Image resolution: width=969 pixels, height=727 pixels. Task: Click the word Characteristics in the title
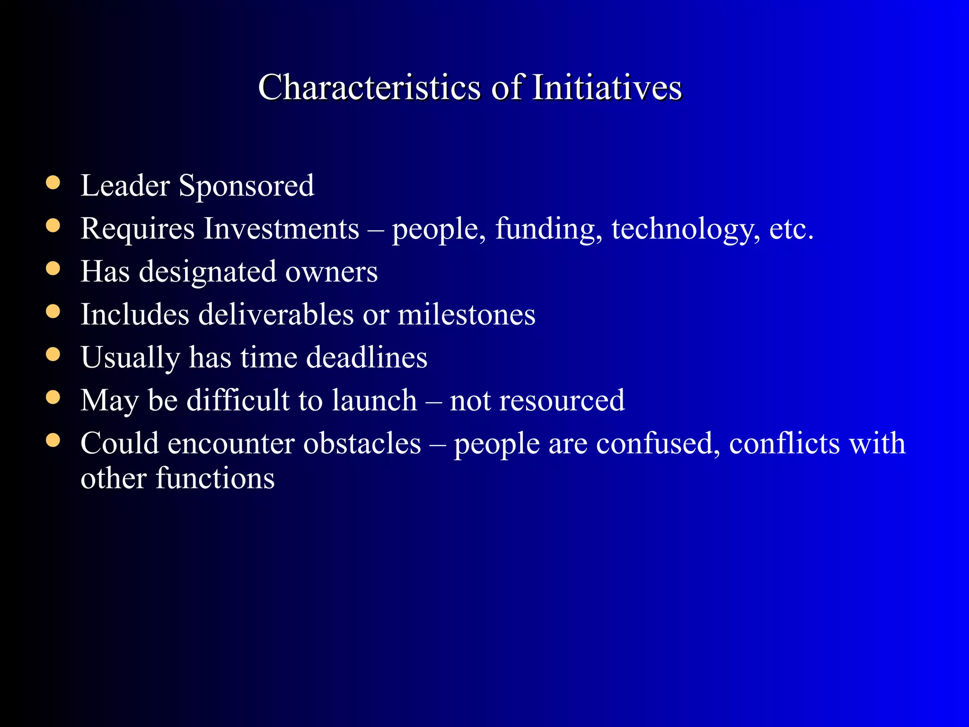(x=370, y=88)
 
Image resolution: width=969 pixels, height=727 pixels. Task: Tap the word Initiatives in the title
(x=607, y=88)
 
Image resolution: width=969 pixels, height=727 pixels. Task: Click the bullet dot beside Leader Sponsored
(x=53, y=183)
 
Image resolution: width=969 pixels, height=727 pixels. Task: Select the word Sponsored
(x=247, y=186)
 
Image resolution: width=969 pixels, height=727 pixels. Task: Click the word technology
(x=686, y=229)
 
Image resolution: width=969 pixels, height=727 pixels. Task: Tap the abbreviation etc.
(x=791, y=229)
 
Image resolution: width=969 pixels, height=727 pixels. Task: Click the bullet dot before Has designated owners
(x=53, y=269)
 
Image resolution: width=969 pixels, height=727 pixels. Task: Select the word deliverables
(x=276, y=314)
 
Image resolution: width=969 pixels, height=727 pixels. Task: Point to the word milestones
(x=467, y=314)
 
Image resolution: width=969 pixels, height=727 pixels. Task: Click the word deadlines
(x=367, y=357)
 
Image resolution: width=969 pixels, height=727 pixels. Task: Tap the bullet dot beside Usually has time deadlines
(x=53, y=355)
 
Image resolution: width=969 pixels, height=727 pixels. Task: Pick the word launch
(x=374, y=400)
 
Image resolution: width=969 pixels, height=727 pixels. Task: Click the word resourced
(x=562, y=400)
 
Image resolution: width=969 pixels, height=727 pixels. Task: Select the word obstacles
(x=362, y=443)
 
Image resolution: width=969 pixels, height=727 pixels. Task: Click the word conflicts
(x=784, y=443)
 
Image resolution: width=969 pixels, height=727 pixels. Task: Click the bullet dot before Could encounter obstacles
(x=53, y=441)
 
